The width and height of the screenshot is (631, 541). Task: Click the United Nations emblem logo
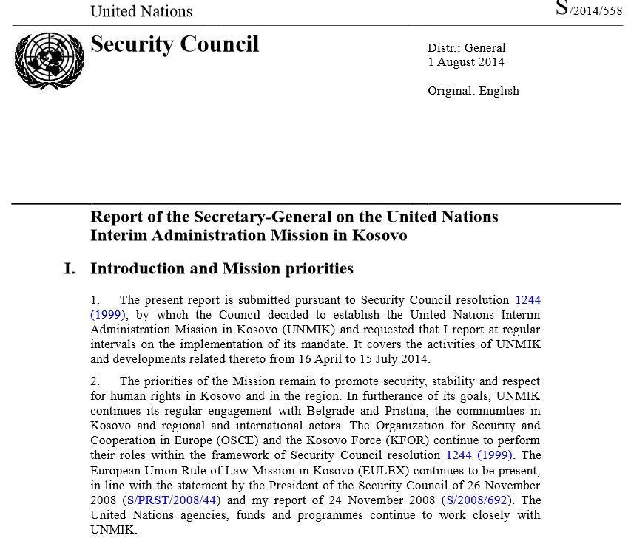point(50,61)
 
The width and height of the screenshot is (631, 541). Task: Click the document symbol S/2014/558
point(589,10)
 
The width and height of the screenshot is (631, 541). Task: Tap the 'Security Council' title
point(175,44)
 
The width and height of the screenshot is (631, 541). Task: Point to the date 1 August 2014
point(466,62)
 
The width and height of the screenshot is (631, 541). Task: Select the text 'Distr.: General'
point(467,48)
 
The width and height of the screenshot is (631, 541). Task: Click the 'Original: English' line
point(473,91)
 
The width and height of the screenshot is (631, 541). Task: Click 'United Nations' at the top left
point(141,11)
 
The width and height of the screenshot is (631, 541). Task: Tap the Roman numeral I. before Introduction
point(70,268)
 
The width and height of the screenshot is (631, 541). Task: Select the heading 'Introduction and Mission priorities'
point(222,268)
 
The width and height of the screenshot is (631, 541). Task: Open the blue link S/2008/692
point(473,500)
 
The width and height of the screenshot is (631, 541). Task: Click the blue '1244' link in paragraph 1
point(527,300)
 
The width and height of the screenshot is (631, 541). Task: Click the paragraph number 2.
point(95,381)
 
